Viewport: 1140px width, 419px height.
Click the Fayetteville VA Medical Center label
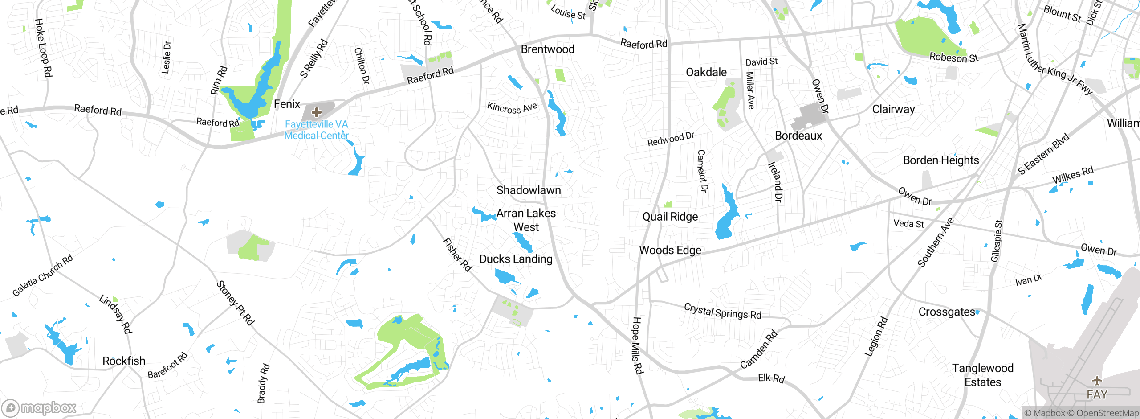tap(316, 130)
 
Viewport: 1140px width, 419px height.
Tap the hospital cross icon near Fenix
tap(317, 112)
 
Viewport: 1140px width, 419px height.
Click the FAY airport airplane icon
tap(1097, 381)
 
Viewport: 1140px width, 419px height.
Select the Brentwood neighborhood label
tap(547, 49)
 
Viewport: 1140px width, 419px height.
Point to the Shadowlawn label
tap(529, 190)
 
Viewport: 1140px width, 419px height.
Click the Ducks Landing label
tap(516, 259)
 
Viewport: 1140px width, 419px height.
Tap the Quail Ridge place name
tap(670, 217)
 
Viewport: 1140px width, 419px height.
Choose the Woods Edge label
tap(670, 251)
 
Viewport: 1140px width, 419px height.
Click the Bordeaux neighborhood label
tap(798, 136)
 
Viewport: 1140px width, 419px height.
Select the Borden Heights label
tap(940, 160)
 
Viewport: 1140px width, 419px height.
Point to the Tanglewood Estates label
tap(982, 375)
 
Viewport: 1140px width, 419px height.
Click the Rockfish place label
tap(124, 361)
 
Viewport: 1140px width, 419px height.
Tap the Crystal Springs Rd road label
tap(722, 311)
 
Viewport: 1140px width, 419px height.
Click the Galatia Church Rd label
tap(42, 276)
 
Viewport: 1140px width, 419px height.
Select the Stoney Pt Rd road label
tap(235, 303)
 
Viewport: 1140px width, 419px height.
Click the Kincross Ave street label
tap(512, 108)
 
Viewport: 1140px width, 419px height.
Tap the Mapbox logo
tap(39, 408)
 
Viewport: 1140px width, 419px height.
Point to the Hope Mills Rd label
tap(637, 345)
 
